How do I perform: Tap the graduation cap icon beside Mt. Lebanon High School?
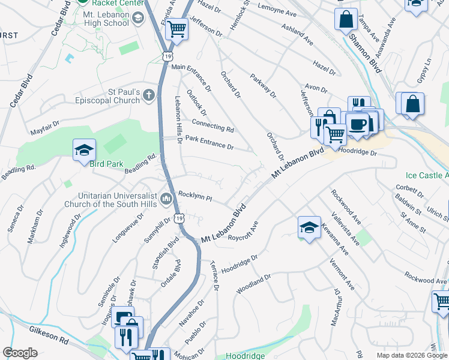137,18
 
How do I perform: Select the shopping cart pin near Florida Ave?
176,28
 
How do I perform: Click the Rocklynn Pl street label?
195,196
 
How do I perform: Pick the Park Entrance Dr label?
209,142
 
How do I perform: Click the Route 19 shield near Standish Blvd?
179,219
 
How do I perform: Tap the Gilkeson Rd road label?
47,336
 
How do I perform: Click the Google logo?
20,353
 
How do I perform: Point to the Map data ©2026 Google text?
411,355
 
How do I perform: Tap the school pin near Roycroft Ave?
309,227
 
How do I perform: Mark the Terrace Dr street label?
214,275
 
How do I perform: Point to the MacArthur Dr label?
336,307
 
